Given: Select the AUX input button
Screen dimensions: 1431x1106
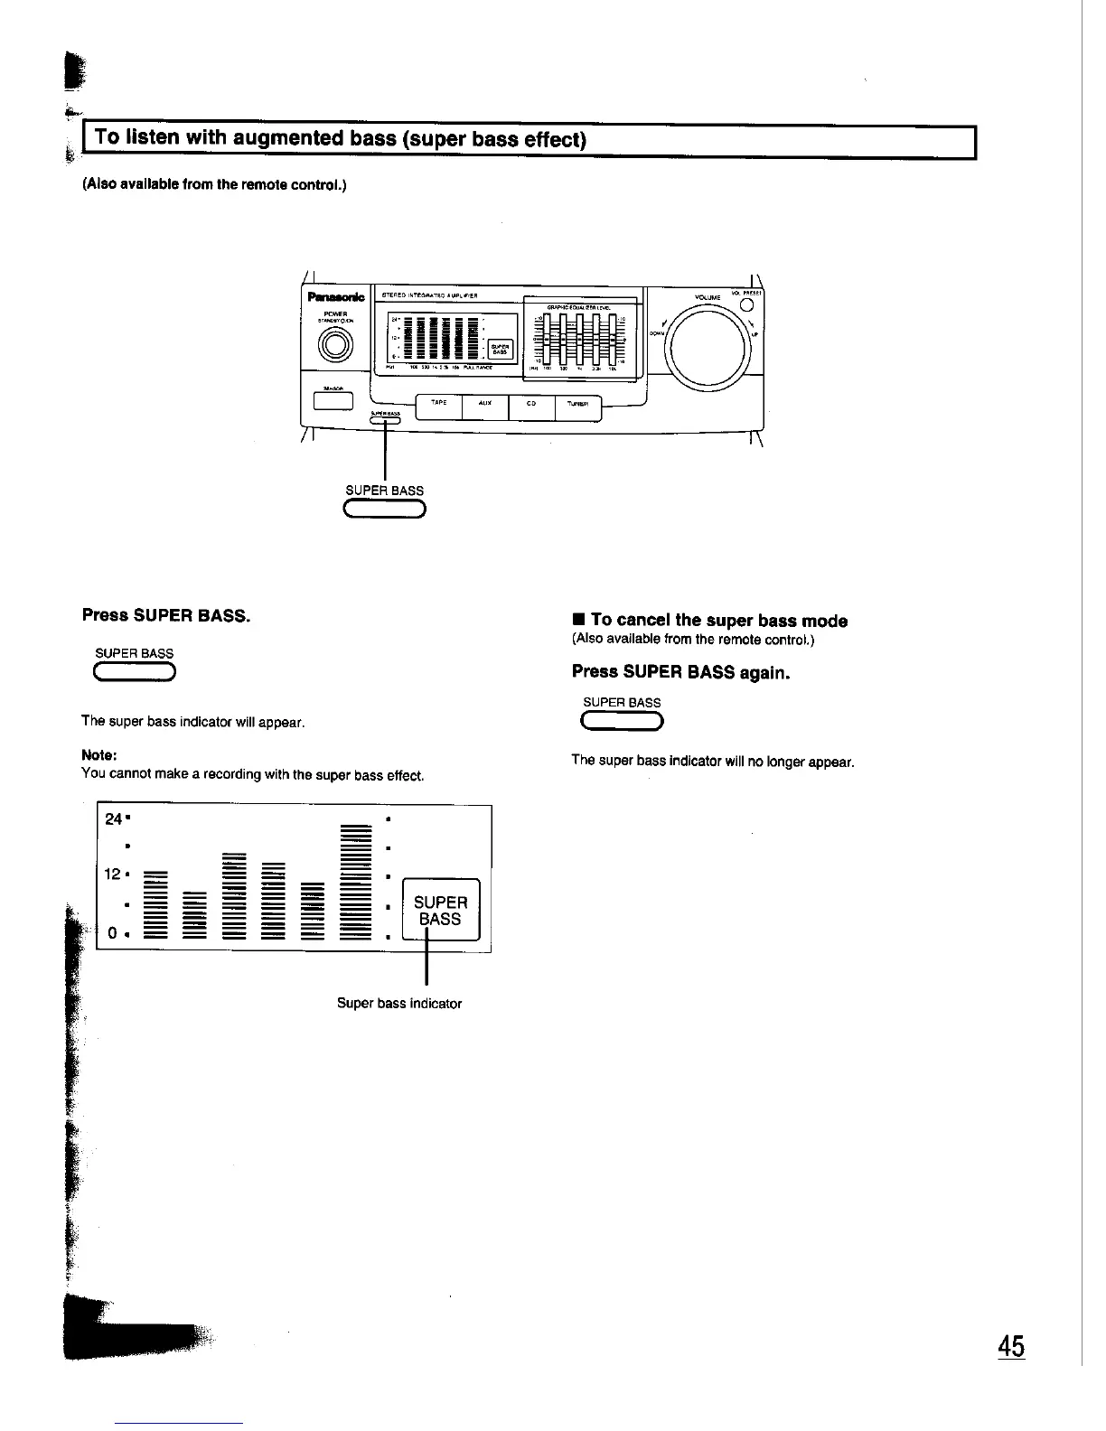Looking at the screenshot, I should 485,407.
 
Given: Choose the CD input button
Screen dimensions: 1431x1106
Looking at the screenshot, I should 533,407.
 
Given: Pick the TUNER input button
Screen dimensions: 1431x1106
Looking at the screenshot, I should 578,407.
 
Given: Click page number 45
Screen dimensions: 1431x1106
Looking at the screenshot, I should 1011,1346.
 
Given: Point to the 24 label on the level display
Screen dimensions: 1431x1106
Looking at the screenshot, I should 114,819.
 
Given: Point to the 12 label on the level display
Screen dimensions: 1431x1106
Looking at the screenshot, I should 114,874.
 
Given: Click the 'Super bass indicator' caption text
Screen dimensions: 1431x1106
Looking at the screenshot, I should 398,1004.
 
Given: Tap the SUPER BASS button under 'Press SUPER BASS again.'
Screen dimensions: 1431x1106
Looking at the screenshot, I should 623,720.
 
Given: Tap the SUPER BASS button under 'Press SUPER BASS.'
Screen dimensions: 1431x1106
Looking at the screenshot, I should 135,671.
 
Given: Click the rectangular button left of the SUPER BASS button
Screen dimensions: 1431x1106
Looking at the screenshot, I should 333,399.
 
